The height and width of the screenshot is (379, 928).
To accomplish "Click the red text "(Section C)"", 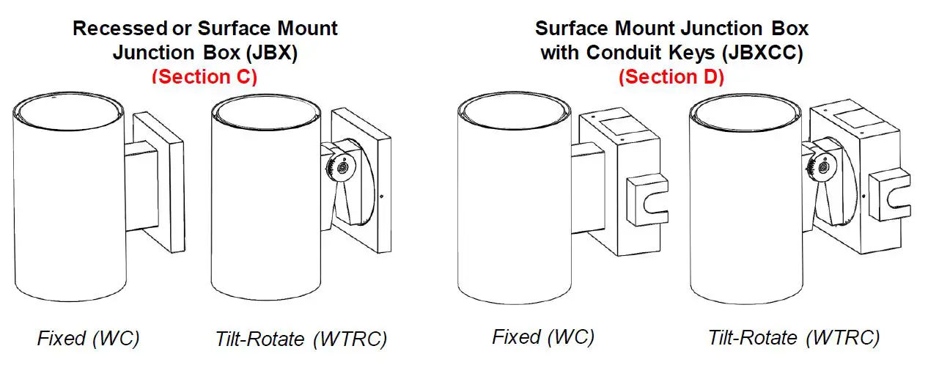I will point(205,77).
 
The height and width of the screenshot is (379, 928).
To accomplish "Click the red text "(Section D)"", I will point(671,77).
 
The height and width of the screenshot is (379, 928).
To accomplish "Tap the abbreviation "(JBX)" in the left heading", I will point(270,53).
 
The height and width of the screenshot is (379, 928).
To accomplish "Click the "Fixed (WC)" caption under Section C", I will point(88,339).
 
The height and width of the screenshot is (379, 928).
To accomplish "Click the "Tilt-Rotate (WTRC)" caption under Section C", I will point(301,339).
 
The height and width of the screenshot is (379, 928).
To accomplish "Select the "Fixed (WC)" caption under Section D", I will point(543,337).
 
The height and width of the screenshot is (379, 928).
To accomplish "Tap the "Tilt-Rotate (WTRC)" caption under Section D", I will point(794,338).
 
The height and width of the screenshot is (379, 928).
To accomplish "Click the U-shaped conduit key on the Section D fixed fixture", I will point(648,199).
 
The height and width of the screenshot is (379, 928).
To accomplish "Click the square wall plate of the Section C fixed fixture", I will point(172,183).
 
